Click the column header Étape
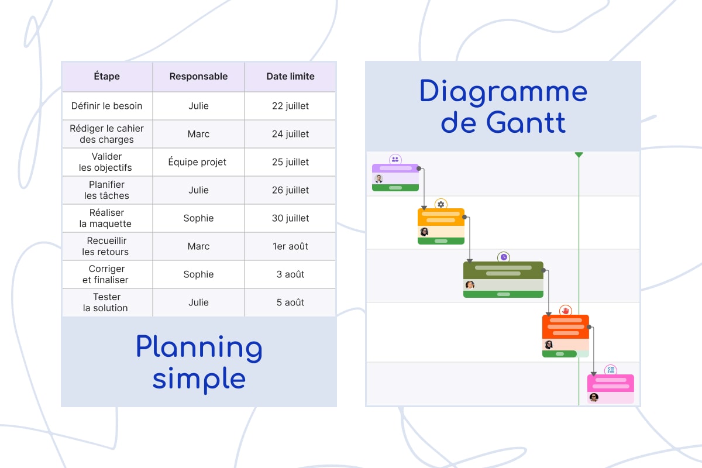(106, 76)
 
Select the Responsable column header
(198, 76)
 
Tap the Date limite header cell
(290, 76)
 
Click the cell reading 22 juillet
(290, 106)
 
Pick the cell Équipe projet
(198, 162)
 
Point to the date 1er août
(290, 246)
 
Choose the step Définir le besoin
(106, 106)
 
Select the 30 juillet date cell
(290, 218)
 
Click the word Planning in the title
(199, 347)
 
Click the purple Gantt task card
(395, 177)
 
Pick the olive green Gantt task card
(503, 279)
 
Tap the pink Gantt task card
(610, 388)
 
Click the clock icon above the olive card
(504, 257)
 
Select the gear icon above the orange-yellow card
(441, 204)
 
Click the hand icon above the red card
(565, 311)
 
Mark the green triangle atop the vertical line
(579, 154)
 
